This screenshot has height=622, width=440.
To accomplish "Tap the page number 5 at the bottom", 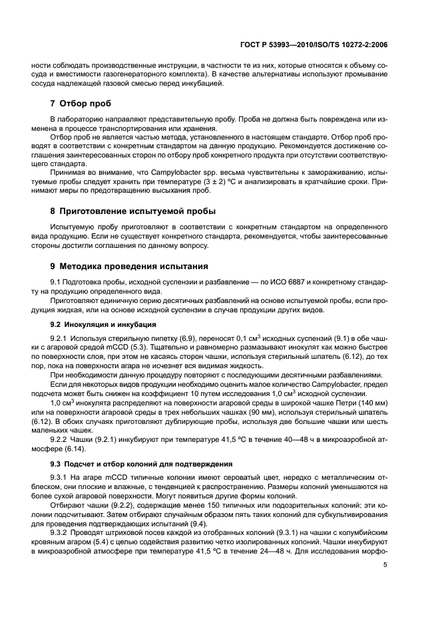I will pos(385,565).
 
